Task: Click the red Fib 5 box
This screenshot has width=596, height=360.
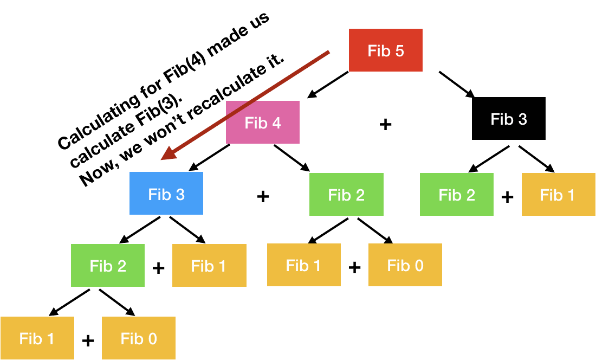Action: point(385,50)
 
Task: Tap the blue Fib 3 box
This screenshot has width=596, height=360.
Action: point(166,194)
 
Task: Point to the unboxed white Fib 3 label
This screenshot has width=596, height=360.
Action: point(509,119)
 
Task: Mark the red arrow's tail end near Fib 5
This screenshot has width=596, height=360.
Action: point(328,53)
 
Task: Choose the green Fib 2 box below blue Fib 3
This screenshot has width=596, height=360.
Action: point(108,266)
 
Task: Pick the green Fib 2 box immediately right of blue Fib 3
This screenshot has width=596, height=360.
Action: point(346,195)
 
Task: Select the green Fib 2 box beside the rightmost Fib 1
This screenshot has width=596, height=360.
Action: point(457,195)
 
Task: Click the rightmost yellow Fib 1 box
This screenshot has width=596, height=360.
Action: point(558,195)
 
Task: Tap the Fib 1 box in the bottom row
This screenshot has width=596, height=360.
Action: point(37,338)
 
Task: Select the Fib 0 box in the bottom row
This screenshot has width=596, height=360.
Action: point(139,338)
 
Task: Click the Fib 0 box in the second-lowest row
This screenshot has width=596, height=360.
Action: point(405,265)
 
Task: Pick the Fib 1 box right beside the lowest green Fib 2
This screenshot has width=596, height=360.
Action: point(209,266)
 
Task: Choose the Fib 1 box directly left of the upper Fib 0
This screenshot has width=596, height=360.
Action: point(303,265)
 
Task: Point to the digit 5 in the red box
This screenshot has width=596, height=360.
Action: point(399,50)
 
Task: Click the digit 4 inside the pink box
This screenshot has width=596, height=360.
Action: point(276,123)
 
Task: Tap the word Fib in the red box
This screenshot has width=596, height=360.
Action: point(379,50)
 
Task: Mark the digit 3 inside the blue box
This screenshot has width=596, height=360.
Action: point(180,195)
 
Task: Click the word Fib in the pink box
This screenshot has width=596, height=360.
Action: point(256,123)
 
